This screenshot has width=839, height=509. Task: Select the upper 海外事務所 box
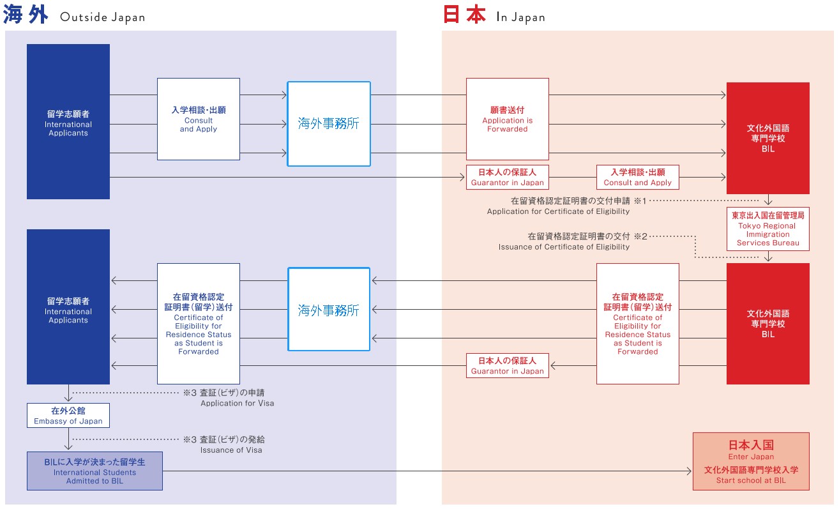click(329, 124)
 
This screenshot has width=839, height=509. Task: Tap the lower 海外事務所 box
click(329, 310)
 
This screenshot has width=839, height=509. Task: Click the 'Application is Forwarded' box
click(507, 119)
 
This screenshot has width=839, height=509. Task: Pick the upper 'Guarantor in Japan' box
click(507, 177)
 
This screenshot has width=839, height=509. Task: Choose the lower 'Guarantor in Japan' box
click(507, 365)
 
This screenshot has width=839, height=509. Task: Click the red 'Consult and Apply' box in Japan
click(637, 177)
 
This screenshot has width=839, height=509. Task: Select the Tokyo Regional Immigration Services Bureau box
click(767, 228)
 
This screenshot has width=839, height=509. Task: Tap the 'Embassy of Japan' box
click(68, 415)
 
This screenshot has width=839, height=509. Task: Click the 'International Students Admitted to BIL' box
click(94, 471)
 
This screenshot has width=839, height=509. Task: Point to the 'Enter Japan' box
click(751, 461)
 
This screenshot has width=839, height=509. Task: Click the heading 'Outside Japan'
click(102, 17)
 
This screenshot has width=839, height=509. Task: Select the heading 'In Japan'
click(520, 17)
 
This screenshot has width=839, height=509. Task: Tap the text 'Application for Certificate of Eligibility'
click(558, 211)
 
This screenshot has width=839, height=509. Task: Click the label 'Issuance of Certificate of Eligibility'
click(564, 247)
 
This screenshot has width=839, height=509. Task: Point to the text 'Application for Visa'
click(237, 403)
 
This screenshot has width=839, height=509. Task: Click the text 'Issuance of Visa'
click(231, 450)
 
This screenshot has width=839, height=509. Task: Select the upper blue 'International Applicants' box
click(68, 121)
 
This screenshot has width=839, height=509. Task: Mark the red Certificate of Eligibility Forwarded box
click(637, 324)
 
